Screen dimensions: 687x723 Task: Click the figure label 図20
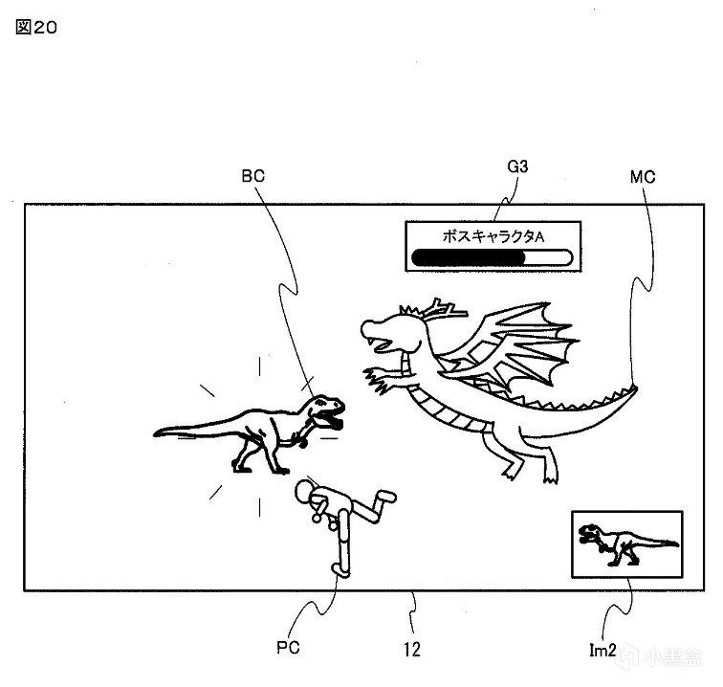(x=37, y=28)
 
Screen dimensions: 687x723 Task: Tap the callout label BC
(x=253, y=176)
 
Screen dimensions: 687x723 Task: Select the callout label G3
(x=518, y=167)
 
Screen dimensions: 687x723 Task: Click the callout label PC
(x=288, y=647)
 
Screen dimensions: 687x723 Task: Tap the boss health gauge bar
(x=490, y=256)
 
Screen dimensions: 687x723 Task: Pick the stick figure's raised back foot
(x=384, y=497)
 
